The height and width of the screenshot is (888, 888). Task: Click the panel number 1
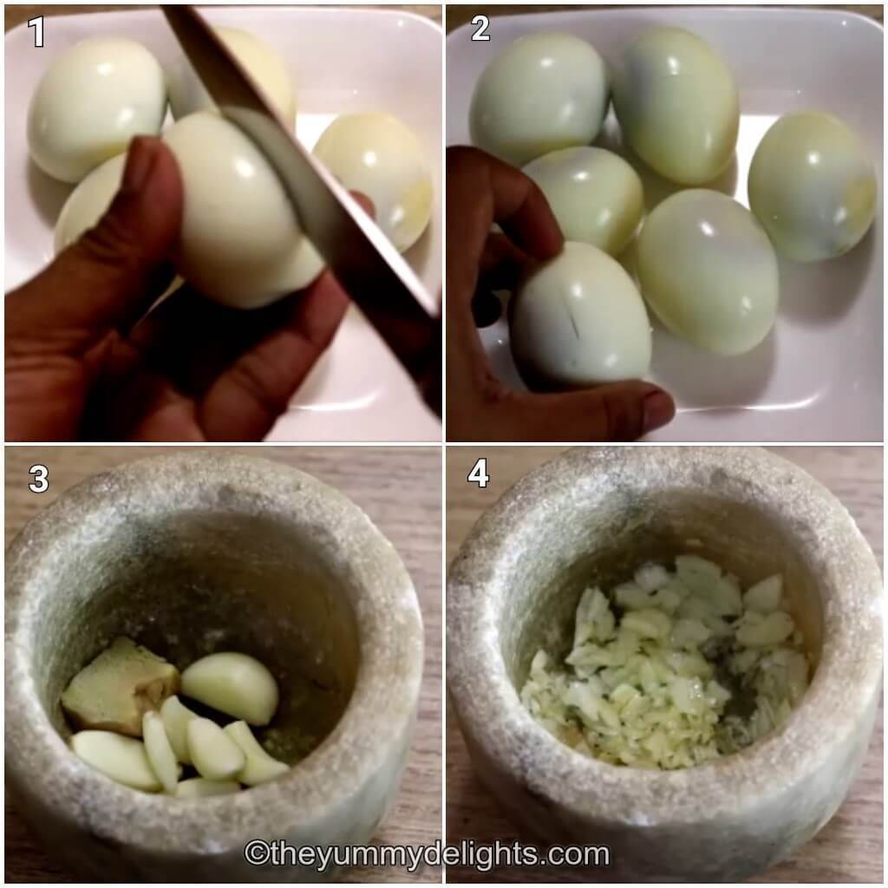[x=36, y=32]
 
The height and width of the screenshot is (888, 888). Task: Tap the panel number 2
[x=480, y=29]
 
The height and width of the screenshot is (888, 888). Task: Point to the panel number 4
[x=478, y=473]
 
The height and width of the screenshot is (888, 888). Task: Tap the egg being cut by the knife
[x=234, y=217]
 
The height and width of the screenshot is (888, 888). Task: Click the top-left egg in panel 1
[x=95, y=108]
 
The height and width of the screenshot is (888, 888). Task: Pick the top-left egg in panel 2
[x=539, y=95]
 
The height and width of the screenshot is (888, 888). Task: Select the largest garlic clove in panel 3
[x=230, y=687]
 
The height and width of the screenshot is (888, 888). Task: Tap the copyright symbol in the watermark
[x=255, y=855]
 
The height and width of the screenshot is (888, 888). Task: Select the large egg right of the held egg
[x=707, y=269]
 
